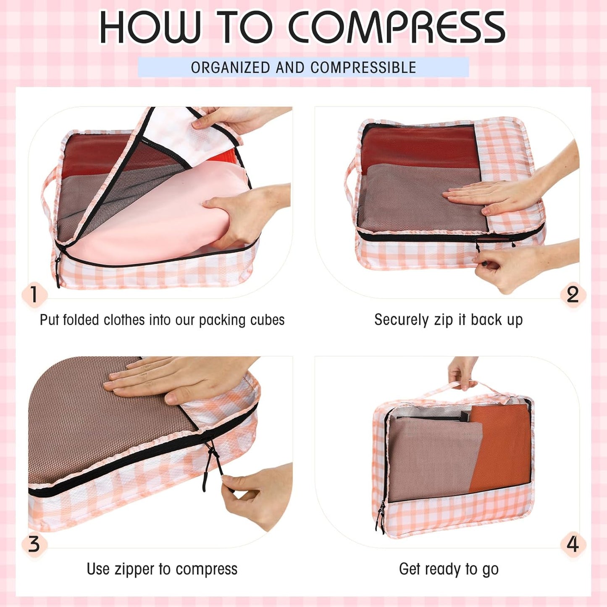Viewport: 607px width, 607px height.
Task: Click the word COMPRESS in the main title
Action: pyautogui.click(x=397, y=27)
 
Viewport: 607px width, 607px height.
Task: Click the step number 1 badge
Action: pyautogui.click(x=34, y=294)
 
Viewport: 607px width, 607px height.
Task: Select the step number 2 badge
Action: pyautogui.click(x=573, y=294)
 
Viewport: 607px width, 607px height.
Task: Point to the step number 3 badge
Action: pyautogui.click(x=34, y=544)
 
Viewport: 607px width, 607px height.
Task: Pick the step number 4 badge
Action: pyautogui.click(x=573, y=544)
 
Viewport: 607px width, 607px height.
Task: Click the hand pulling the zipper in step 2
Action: pyautogui.click(x=517, y=265)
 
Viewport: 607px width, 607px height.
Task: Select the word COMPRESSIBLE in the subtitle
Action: pyautogui.click(x=363, y=68)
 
